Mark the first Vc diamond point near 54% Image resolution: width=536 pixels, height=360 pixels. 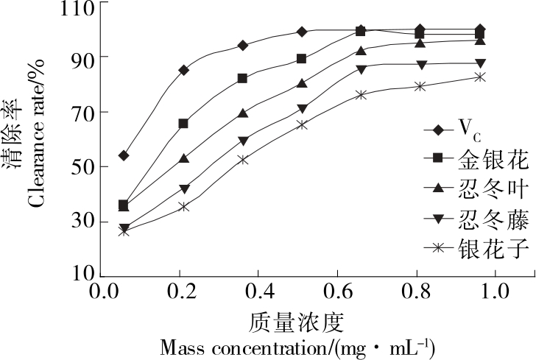(124, 155)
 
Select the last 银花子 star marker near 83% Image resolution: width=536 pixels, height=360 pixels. (480, 77)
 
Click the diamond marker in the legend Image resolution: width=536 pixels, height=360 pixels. (438, 130)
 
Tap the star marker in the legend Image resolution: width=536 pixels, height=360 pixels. (438, 248)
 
